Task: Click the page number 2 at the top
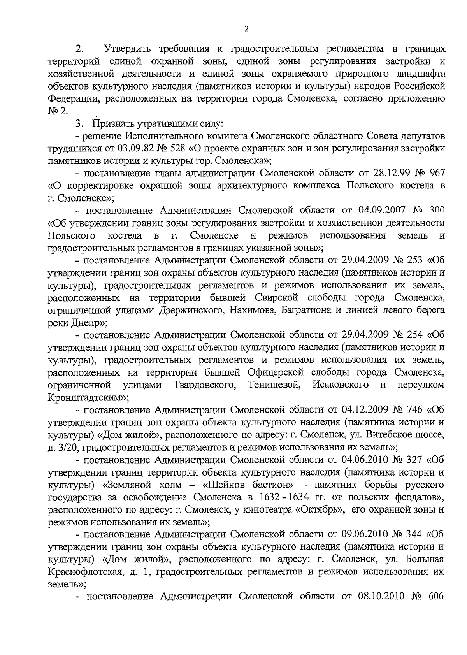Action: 246,28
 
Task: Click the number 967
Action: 435,173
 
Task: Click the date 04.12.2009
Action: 367,410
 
